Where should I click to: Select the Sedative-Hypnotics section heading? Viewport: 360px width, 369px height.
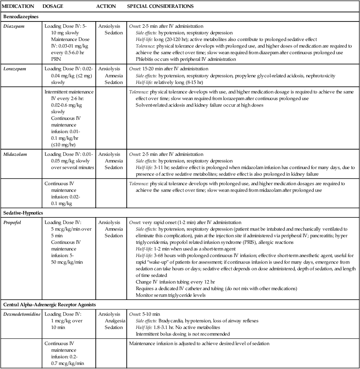click(x=23, y=213)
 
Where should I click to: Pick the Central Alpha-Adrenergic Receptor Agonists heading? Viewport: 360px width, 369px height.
click(x=50, y=305)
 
